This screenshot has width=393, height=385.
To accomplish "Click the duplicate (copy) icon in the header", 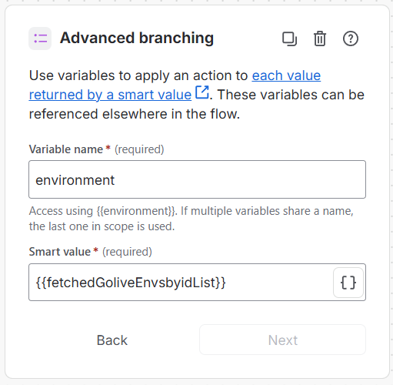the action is click(x=289, y=38).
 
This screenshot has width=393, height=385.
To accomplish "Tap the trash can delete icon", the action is click(x=320, y=38).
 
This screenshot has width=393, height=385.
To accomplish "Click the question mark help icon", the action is click(x=351, y=38).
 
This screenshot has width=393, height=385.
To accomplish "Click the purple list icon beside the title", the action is click(x=40, y=38).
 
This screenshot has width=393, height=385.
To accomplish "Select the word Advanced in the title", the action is click(x=97, y=38).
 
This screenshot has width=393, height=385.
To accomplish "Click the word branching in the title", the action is click(x=176, y=38).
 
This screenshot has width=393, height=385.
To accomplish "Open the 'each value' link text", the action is click(x=286, y=75).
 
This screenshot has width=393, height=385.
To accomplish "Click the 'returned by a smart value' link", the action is click(x=110, y=95).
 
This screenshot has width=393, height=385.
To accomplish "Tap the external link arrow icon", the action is click(x=202, y=92).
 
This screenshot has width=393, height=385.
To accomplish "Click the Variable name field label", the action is click(x=66, y=149).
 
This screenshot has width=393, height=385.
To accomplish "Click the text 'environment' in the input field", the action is click(x=75, y=180).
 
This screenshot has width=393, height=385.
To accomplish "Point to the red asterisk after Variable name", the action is click(x=108, y=147).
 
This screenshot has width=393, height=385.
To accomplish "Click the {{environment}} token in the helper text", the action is click(x=136, y=211).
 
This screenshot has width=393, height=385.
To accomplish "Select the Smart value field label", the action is click(x=60, y=252).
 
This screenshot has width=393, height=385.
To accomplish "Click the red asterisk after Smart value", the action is click(x=96, y=249).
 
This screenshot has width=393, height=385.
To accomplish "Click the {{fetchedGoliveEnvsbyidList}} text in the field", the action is click(x=131, y=283).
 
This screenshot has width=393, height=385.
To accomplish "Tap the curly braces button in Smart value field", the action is click(x=348, y=283).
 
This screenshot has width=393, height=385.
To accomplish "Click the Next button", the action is click(x=282, y=340).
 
